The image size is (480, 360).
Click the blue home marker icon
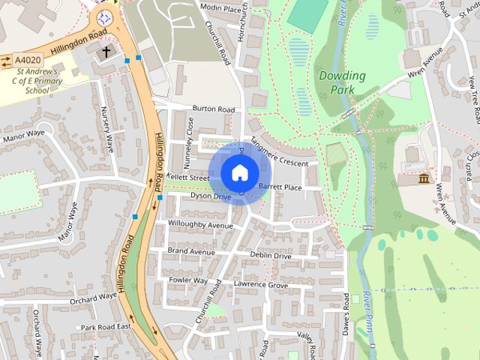239,172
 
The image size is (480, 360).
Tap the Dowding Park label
342,82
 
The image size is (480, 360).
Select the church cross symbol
106,52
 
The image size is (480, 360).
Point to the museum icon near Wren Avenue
424,179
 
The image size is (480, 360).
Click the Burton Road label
214,109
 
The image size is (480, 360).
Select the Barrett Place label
280,187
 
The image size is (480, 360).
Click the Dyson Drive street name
210,196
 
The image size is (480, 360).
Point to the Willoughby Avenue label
201,224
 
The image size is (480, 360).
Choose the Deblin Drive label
271,256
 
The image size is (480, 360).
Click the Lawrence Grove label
260,285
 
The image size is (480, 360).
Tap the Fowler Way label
188,280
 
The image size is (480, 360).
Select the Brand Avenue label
191,251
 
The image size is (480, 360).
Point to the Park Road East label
106,327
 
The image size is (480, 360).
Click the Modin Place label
222,9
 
